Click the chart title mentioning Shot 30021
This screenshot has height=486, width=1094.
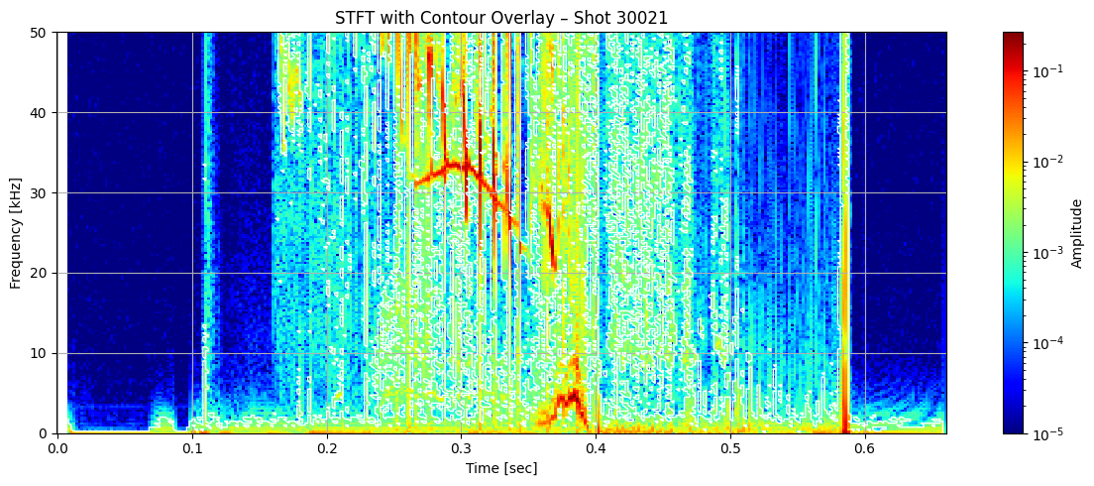point(500,16)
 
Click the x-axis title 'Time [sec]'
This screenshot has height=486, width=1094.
point(500,467)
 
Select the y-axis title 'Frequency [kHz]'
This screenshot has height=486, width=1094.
point(16,233)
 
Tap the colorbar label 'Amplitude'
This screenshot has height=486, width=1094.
point(1076,233)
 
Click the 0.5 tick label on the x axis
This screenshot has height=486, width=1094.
point(729,447)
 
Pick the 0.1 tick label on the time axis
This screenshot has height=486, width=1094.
point(192,447)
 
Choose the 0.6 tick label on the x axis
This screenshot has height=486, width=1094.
point(864,447)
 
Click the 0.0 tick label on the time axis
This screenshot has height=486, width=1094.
point(57,447)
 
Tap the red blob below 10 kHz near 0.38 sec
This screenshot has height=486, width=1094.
point(569,400)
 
